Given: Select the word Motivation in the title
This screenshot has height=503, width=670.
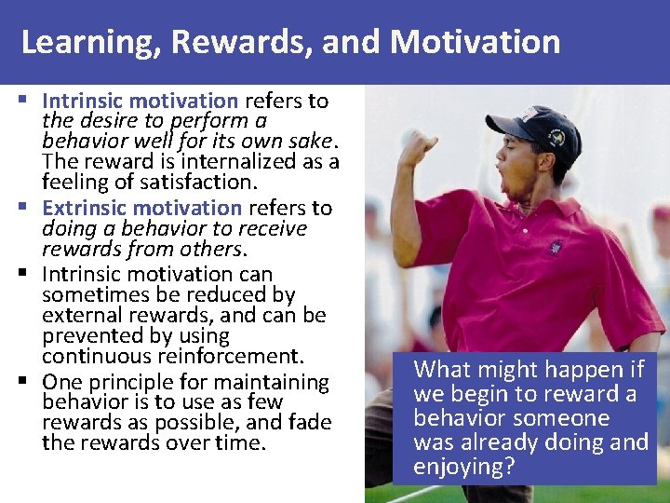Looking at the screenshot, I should tap(476, 42).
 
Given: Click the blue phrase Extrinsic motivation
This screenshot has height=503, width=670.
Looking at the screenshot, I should tap(141, 208).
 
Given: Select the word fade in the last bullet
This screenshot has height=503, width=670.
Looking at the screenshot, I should tap(310, 422).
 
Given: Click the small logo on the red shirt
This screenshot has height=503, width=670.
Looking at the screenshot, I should tap(556, 248).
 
